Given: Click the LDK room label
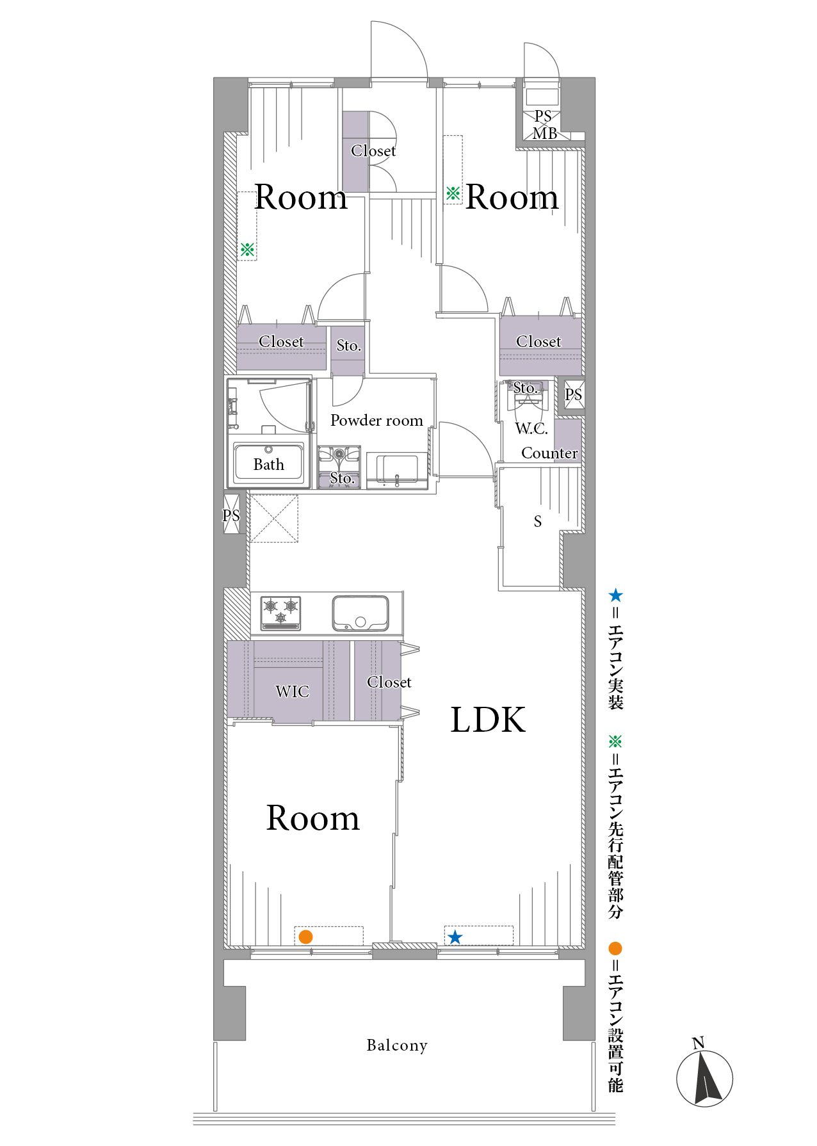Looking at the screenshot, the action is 488,720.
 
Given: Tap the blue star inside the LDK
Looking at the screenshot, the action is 455,937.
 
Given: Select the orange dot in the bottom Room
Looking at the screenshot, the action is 306,937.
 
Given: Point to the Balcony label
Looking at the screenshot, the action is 397,1045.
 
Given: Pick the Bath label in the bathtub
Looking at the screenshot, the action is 269,464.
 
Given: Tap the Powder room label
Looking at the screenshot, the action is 376,420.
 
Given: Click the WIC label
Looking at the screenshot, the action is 293,691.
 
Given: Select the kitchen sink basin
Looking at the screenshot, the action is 360,613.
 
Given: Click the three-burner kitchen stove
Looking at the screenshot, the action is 281,612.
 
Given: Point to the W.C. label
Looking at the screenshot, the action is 531,428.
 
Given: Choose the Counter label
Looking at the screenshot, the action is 549,453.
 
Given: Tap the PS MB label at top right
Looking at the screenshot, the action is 544,125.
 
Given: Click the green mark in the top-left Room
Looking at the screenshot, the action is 247,250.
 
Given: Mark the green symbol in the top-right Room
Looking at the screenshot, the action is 453,193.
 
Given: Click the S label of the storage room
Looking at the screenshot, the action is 538,522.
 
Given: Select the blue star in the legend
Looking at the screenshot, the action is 615,595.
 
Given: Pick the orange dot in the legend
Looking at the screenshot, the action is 615,948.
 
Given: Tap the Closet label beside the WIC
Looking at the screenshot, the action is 389,682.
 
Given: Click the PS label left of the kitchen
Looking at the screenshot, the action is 231,515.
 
